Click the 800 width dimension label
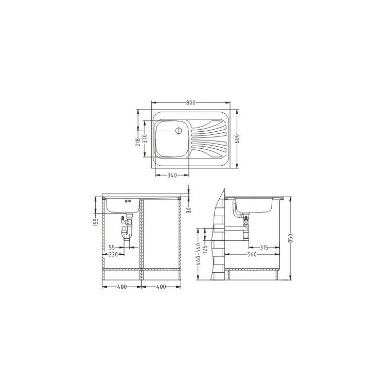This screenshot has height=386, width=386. tap(190, 102)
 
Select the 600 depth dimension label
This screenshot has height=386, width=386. tap(237, 139)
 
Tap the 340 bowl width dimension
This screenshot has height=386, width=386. tap(172, 176)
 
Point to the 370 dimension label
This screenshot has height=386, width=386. tap(145, 139)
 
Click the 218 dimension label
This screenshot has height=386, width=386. tap(138, 142)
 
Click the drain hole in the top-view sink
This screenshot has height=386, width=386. tap(178, 131)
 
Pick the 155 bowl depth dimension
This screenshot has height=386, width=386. tap(96, 222)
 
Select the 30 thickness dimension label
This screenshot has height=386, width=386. tap(189, 210)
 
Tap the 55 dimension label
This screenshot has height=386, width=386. tap(112, 248)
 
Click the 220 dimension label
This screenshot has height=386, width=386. tap(113, 255)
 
